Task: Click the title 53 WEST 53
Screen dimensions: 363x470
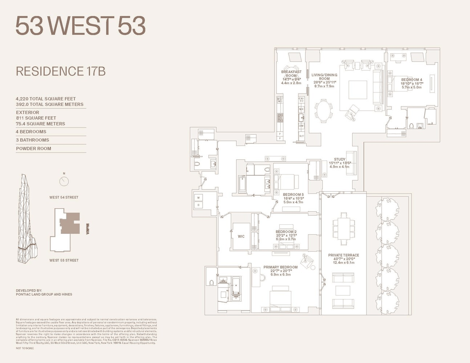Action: click(80, 26)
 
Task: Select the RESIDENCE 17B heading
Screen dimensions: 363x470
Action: click(61, 71)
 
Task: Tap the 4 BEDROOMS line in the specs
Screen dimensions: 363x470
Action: click(31, 132)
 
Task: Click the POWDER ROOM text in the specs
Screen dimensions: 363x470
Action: click(33, 148)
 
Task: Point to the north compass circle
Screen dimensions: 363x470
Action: click(64, 181)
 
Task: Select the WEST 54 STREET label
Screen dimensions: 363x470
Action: click(64, 197)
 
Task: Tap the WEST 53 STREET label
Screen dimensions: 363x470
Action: click(64, 260)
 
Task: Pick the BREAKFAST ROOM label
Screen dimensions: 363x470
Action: click(291, 74)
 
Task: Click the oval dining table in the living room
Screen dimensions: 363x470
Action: click(324, 111)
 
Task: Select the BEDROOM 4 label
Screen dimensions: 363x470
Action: click(412, 79)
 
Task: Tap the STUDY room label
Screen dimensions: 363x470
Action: click(340, 159)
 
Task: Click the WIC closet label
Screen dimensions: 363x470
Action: click(241, 236)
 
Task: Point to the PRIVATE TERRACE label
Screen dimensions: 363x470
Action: click(343, 255)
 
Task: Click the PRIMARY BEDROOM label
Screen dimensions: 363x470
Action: click(280, 267)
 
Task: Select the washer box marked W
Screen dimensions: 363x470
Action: click(199, 198)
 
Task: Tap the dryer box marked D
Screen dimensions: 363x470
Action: click(199, 205)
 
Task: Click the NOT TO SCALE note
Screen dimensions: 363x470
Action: click(25, 348)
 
